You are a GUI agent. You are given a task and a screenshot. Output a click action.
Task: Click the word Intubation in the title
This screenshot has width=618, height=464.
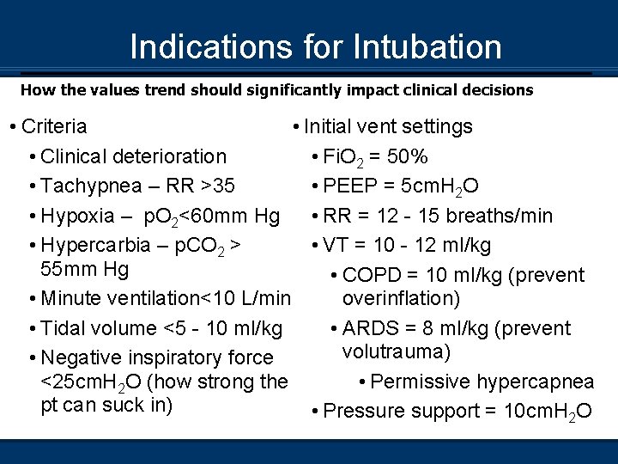[428, 46]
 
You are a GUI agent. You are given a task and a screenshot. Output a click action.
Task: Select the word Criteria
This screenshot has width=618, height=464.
[54, 126]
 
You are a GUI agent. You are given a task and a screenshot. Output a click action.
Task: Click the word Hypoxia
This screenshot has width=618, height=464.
[76, 215]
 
